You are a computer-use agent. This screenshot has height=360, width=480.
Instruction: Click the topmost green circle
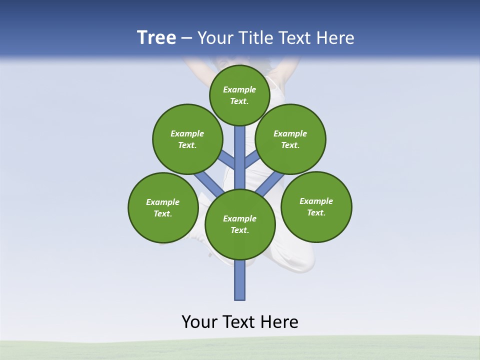point(239,95)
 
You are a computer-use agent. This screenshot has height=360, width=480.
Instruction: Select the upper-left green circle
point(187,139)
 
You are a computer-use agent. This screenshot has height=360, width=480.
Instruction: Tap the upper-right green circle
point(290,139)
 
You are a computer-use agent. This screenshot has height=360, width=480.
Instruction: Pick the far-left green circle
point(163,207)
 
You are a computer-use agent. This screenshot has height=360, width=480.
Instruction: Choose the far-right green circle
point(316,206)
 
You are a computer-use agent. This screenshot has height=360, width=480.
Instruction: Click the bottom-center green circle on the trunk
point(240,224)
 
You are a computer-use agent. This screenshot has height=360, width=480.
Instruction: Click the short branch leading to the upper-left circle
point(227,159)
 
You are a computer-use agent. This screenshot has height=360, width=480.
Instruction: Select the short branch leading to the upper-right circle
point(252,159)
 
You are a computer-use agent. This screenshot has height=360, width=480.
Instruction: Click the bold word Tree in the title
point(156,38)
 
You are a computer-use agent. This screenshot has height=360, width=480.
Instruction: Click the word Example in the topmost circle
point(239,89)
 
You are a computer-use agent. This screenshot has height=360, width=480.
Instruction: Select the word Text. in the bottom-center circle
point(239,230)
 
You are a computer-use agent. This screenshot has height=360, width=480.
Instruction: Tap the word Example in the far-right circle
point(316,201)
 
